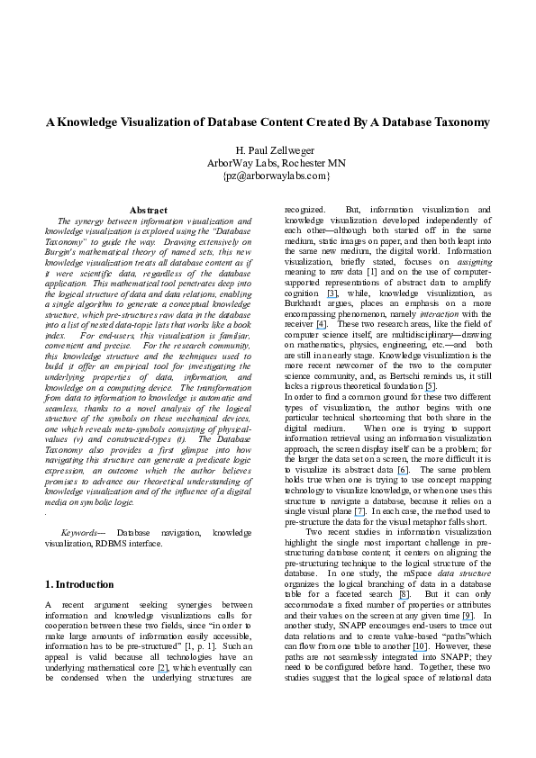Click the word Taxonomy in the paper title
point(458,122)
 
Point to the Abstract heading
point(148,210)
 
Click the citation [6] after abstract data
point(403,470)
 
